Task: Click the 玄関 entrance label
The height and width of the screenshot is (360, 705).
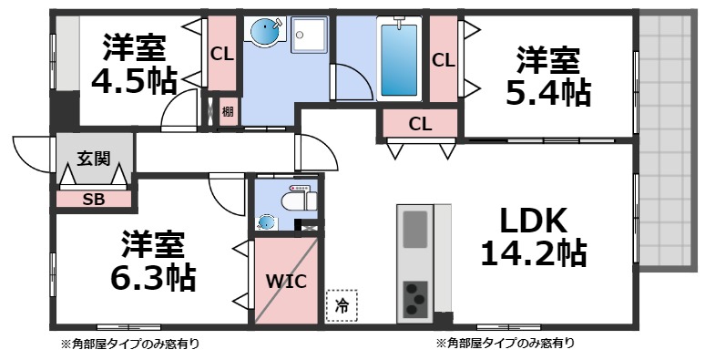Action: tap(94, 159)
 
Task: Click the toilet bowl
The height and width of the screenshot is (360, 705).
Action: tap(296, 201)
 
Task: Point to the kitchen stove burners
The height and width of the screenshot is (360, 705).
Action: tap(414, 296)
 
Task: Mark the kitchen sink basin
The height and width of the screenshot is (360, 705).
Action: tap(414, 227)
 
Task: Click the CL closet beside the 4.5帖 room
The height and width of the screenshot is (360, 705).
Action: tap(221, 53)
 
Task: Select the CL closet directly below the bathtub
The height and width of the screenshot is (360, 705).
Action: tap(420, 123)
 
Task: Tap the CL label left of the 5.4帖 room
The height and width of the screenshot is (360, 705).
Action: tap(444, 61)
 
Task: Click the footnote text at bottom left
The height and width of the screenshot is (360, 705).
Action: tap(130, 344)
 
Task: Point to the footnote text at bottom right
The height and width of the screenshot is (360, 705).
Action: tap(505, 344)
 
